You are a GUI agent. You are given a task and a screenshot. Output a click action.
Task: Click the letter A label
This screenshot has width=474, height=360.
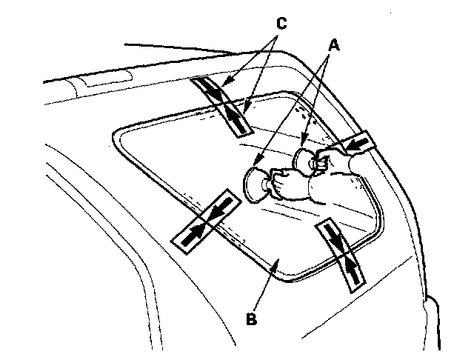334,45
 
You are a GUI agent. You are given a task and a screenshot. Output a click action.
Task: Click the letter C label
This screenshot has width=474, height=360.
280,24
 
